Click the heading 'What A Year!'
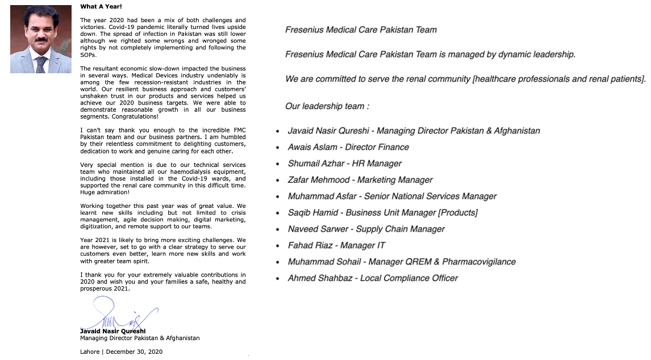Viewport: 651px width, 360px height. tap(101, 7)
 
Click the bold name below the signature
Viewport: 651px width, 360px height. tap(112, 331)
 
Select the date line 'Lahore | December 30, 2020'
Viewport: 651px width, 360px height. tap(121, 351)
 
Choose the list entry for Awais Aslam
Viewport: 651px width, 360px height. tap(348, 147)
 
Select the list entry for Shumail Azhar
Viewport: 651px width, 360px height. tap(344, 164)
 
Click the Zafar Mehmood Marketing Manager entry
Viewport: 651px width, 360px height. tap(360, 180)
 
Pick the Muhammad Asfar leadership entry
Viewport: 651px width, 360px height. tap(392, 196)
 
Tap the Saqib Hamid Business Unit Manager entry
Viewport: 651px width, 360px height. tap(382, 213)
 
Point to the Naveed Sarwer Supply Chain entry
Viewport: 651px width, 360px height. tap(366, 229)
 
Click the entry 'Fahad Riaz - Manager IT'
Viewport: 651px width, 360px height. tap(336, 245)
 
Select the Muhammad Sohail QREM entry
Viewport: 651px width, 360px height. tap(402, 262)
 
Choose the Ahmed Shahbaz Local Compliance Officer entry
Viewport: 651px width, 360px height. tap(373, 278)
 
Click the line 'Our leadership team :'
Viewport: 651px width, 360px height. tap(327, 106)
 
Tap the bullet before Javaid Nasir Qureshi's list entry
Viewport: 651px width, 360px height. tap(277, 131)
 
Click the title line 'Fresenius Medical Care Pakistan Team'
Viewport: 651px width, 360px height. tap(361, 30)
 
